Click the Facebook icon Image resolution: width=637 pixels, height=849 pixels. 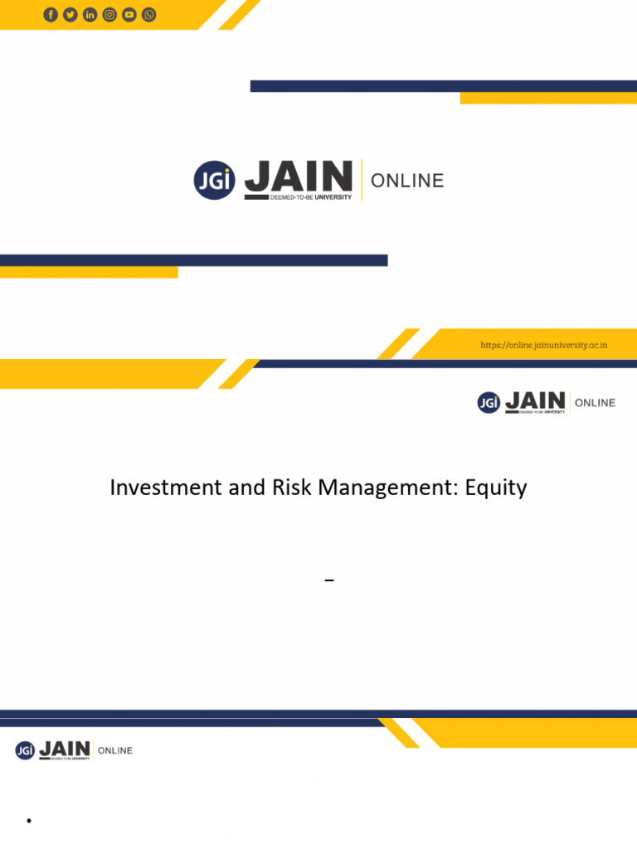51,15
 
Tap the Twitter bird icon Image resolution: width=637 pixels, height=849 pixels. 71,15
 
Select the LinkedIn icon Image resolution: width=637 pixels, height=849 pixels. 90,15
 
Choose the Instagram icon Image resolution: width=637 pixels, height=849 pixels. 109,15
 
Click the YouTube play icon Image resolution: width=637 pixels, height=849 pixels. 129,15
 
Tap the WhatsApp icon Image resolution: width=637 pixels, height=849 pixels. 149,15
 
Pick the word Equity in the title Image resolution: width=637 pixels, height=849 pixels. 496,488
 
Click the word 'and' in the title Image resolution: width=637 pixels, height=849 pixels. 246,488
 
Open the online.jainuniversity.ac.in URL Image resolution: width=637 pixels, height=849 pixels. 543,345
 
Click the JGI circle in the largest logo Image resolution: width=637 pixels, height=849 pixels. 214,180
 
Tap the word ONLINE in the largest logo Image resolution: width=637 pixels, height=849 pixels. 407,181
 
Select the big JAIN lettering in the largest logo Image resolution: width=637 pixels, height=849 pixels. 298,176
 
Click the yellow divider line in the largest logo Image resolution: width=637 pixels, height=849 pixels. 362,180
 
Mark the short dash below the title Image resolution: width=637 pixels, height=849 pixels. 329,581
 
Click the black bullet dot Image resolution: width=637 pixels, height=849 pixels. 28,821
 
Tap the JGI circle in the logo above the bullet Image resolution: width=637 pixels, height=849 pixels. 25,750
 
